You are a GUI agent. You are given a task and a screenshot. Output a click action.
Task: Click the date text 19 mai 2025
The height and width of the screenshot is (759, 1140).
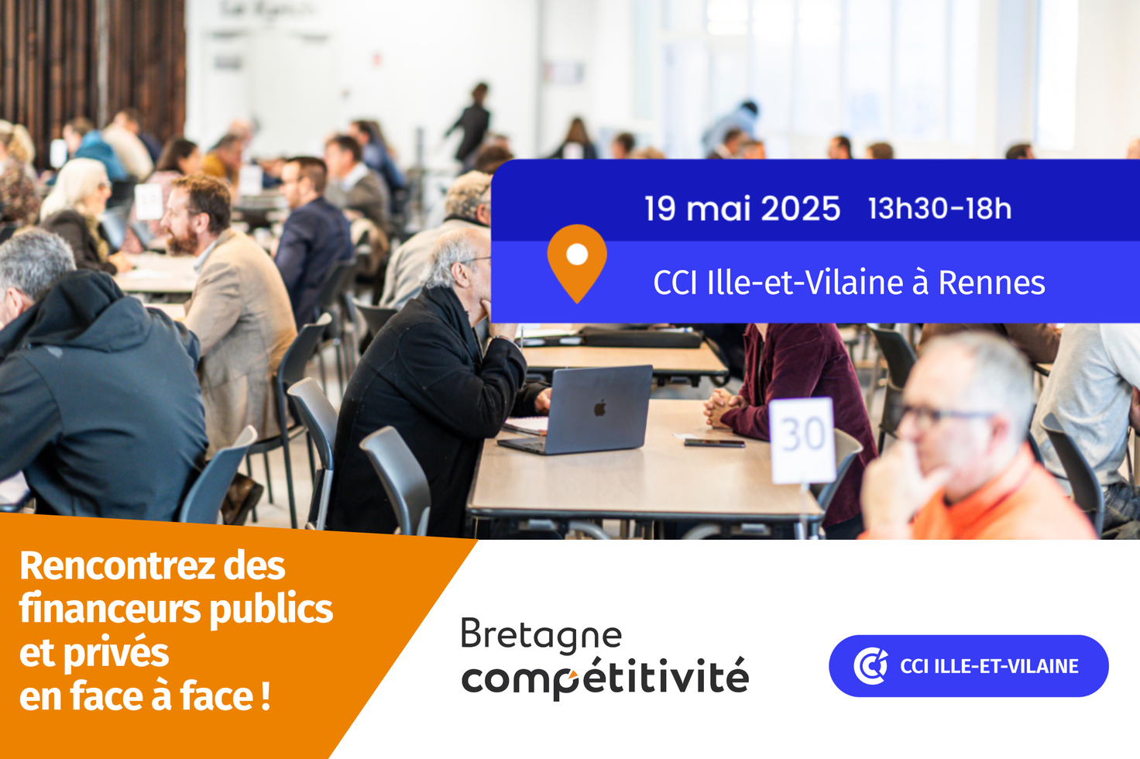click(x=742, y=208)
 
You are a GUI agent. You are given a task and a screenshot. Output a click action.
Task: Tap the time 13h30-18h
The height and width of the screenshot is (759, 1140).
click(x=939, y=208)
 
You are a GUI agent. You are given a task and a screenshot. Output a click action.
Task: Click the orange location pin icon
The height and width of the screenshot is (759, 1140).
click(x=577, y=263)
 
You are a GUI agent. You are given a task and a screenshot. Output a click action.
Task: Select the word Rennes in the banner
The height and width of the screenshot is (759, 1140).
click(x=991, y=283)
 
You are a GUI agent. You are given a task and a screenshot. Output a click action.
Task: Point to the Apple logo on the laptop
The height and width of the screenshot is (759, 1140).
click(x=600, y=407)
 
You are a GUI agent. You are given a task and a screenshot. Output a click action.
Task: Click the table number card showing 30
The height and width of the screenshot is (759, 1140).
click(x=802, y=440)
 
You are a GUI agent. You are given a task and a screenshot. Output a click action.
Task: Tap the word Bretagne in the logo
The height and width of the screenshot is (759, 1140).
click(x=541, y=635)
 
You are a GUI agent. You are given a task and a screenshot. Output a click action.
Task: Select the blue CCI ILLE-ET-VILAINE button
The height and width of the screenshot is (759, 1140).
click(x=969, y=666)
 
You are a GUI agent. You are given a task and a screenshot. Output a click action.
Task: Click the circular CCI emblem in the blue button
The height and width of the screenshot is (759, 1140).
click(x=870, y=666)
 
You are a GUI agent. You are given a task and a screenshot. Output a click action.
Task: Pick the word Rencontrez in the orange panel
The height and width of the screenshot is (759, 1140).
click(x=118, y=566)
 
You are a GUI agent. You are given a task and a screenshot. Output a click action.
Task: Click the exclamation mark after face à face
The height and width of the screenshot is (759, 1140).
click(x=265, y=696)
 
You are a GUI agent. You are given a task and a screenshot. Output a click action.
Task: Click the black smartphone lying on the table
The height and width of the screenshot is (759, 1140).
click(x=714, y=443)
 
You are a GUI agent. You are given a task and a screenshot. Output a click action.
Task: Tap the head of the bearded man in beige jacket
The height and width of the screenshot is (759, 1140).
click(x=197, y=214)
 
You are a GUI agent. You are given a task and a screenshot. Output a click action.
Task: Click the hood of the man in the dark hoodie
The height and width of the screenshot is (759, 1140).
click(x=66, y=305)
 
